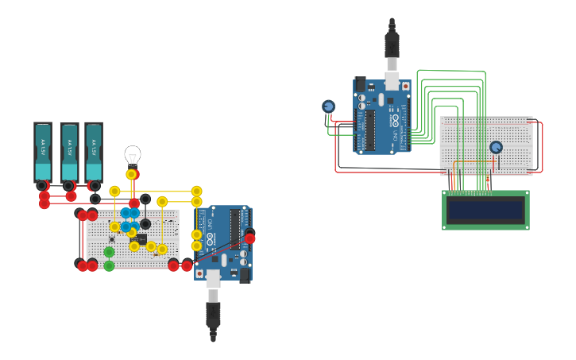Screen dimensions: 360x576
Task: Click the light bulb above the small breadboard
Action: click(132, 156)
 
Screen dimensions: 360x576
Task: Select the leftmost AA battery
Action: click(42, 152)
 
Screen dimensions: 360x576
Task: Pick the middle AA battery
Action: click(69, 152)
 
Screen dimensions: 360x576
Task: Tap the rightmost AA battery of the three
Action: click(94, 152)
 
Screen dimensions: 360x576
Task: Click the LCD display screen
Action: click(485, 211)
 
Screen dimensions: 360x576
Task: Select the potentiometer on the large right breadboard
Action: click(496, 147)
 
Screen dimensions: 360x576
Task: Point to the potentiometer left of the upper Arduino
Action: click(328, 106)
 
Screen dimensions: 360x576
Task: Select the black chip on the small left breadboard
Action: click(138, 238)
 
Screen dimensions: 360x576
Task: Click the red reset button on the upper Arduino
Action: click(405, 85)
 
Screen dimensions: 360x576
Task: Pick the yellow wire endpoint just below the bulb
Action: click(131, 174)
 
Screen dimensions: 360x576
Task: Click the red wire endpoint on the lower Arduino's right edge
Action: click(249, 238)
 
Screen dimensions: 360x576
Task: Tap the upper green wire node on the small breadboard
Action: click(109, 252)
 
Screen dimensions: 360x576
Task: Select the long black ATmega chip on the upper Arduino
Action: click(369, 130)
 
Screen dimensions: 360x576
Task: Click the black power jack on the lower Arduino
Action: click(244, 274)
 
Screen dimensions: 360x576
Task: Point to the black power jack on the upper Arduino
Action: click(360, 83)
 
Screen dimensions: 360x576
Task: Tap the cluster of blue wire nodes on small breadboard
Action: click(130, 219)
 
